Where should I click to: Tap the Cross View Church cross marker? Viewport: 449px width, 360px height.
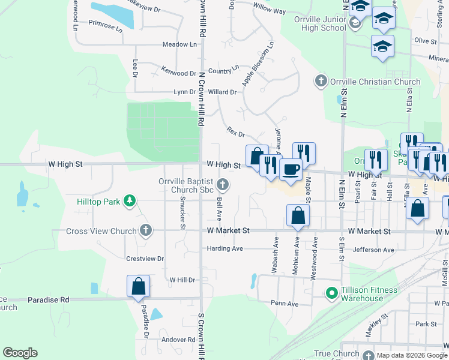(x=145, y=230)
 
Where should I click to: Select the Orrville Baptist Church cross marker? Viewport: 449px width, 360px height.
(x=223, y=184)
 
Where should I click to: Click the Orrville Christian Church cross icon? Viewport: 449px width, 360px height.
(x=321, y=81)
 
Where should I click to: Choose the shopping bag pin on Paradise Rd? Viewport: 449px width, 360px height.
(x=138, y=286)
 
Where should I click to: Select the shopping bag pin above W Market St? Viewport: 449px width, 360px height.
(x=298, y=215)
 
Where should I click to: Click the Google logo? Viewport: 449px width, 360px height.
(x=20, y=353)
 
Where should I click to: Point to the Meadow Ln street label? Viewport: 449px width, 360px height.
(x=179, y=44)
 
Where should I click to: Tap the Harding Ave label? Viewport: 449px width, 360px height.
(x=224, y=248)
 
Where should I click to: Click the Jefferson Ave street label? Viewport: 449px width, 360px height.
(x=374, y=250)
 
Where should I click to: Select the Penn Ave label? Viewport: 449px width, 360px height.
(x=284, y=304)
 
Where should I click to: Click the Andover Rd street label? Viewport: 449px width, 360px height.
(x=178, y=340)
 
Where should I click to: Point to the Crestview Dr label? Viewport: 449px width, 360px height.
(x=145, y=259)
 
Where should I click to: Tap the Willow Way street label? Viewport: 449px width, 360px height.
(x=270, y=11)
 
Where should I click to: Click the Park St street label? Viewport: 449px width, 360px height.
(x=426, y=324)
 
